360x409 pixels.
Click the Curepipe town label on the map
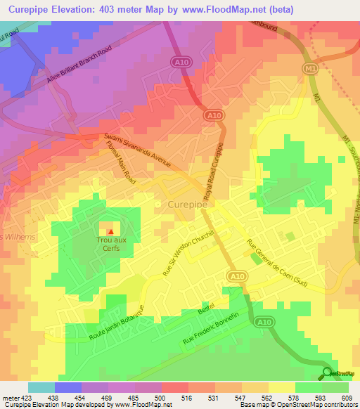click(189, 204)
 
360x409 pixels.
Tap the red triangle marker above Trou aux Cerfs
click(110, 231)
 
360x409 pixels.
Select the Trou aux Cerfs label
click(111, 242)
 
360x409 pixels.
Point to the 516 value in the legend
click(188, 397)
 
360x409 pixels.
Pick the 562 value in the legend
click(266, 397)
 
